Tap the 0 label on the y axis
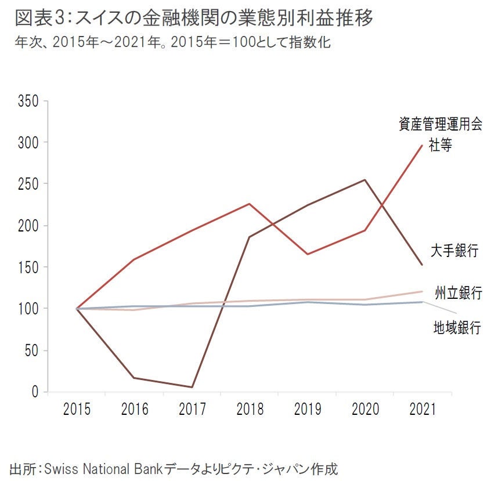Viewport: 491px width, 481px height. point(35,392)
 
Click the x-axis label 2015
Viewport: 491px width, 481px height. point(77,410)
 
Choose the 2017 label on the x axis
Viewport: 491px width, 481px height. point(192,410)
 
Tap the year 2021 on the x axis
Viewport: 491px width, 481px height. point(422,410)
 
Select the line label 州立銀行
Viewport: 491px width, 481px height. point(458,292)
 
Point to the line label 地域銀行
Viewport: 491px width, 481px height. point(457,328)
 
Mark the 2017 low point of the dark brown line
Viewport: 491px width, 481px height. point(192,387)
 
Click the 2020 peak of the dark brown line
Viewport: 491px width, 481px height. point(364,180)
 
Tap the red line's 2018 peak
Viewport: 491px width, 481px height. point(249,204)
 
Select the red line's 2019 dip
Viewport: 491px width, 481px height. point(306,254)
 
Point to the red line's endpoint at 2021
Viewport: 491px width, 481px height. point(422,145)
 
